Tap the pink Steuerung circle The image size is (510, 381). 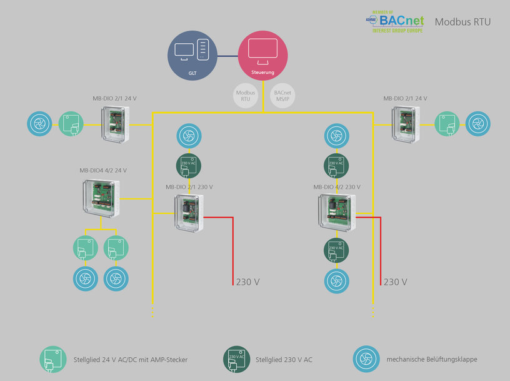pos(262,56)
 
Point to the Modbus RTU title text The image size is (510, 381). pos(462,22)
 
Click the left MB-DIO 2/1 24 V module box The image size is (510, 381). pos(117,124)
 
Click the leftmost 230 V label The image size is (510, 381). pos(247,282)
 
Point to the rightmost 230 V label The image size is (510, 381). pos(395,282)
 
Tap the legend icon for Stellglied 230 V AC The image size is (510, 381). pos(236,360)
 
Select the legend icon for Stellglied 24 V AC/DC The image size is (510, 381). pos(52,360)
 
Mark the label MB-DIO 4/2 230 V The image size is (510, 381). pos(337,187)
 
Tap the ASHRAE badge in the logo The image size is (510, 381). pos(369,20)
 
